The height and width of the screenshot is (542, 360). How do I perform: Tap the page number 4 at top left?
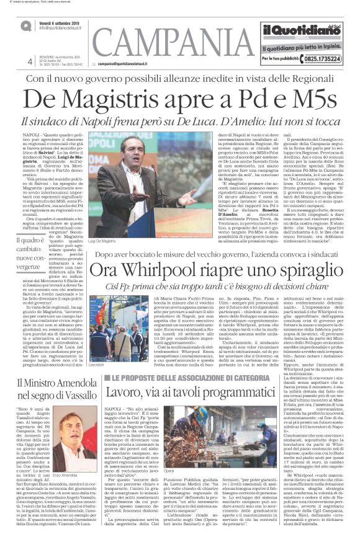coord(30,61)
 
